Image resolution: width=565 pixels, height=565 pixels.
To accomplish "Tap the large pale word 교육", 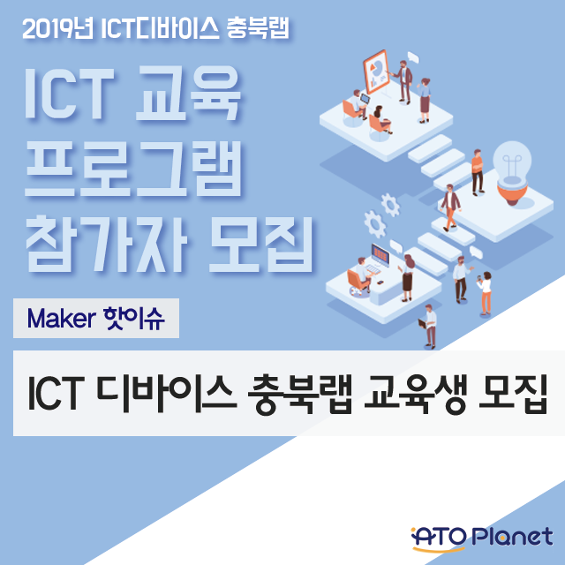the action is coord(188,93).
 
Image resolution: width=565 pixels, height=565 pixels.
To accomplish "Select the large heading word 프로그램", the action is coord(133,169).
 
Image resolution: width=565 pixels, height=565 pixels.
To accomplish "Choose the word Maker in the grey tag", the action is coord(62,319).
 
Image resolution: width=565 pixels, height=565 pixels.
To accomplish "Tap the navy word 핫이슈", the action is coord(134,319).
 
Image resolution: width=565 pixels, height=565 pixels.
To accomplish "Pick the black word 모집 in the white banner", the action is coord(513,394).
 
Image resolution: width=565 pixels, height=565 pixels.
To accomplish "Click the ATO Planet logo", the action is coord(482,539).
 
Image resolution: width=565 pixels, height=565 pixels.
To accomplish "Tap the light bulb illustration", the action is coord(512,172).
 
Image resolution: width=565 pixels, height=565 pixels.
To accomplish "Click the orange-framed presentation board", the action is coord(376,72).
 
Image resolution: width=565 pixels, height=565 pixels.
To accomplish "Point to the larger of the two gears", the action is coord(374,224).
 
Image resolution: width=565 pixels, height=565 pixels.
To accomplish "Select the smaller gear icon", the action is coord(390,205).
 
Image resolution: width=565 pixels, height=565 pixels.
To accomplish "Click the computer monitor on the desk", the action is coord(380,255).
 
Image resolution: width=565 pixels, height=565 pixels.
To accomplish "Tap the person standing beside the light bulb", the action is coord(478,172).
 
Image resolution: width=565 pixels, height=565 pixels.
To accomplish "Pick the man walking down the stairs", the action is coord(450,207).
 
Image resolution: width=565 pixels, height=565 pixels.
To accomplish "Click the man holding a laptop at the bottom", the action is coord(429,327).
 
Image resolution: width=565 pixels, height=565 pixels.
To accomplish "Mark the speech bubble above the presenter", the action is coord(413,57).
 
